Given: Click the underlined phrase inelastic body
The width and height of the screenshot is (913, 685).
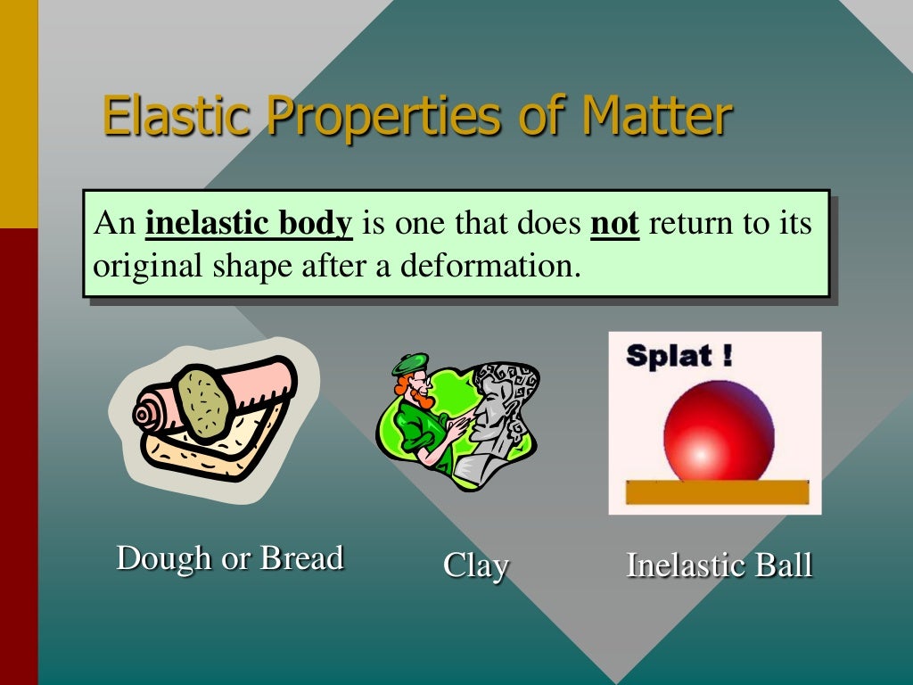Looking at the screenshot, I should point(249,223).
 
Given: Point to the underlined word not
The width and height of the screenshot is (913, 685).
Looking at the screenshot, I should point(614,223).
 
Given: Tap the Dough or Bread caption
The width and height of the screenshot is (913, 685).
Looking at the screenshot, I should point(230,558).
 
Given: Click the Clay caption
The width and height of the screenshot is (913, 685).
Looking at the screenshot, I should point(476,565).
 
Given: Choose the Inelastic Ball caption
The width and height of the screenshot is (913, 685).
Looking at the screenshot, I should point(719,565).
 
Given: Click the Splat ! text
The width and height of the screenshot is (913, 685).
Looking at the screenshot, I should point(679,356).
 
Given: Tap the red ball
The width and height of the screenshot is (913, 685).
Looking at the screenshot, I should point(719,433).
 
